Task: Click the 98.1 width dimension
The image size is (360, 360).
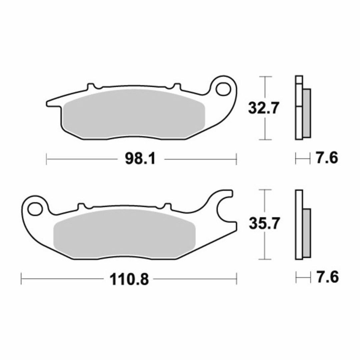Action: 140,159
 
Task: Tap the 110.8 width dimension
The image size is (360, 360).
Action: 129,279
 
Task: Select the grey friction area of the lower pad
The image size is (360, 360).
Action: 124,233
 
